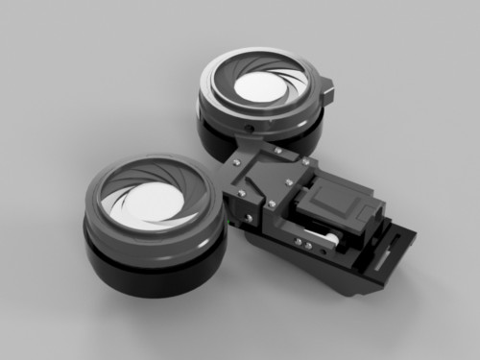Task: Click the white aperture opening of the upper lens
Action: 260,88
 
